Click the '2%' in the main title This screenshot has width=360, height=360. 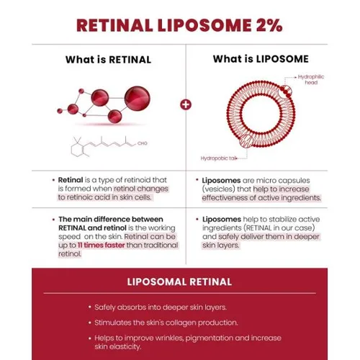click(269, 25)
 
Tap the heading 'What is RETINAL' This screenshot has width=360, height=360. click(108, 60)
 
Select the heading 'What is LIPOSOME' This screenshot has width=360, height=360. click(261, 59)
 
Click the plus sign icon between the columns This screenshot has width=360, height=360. click(186, 105)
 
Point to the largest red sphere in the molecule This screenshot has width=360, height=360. click(138, 99)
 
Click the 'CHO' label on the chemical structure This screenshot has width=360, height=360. click(143, 143)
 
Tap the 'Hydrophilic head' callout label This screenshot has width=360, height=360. click(311, 80)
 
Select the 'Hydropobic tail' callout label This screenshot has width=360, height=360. click(219, 158)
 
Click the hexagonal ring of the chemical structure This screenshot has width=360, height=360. click(77, 150)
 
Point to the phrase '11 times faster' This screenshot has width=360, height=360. click(101, 246)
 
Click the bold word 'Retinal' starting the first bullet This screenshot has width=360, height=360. click(71, 180)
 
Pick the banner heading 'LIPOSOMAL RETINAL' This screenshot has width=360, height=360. click(179, 282)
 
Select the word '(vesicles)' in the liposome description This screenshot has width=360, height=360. click(218, 189)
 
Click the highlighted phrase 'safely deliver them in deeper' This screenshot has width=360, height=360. click(269, 237)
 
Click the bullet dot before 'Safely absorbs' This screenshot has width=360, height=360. click(90, 307)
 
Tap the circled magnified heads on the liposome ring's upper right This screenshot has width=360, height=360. click(286, 91)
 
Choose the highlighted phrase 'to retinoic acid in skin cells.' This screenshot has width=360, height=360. click(104, 197)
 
